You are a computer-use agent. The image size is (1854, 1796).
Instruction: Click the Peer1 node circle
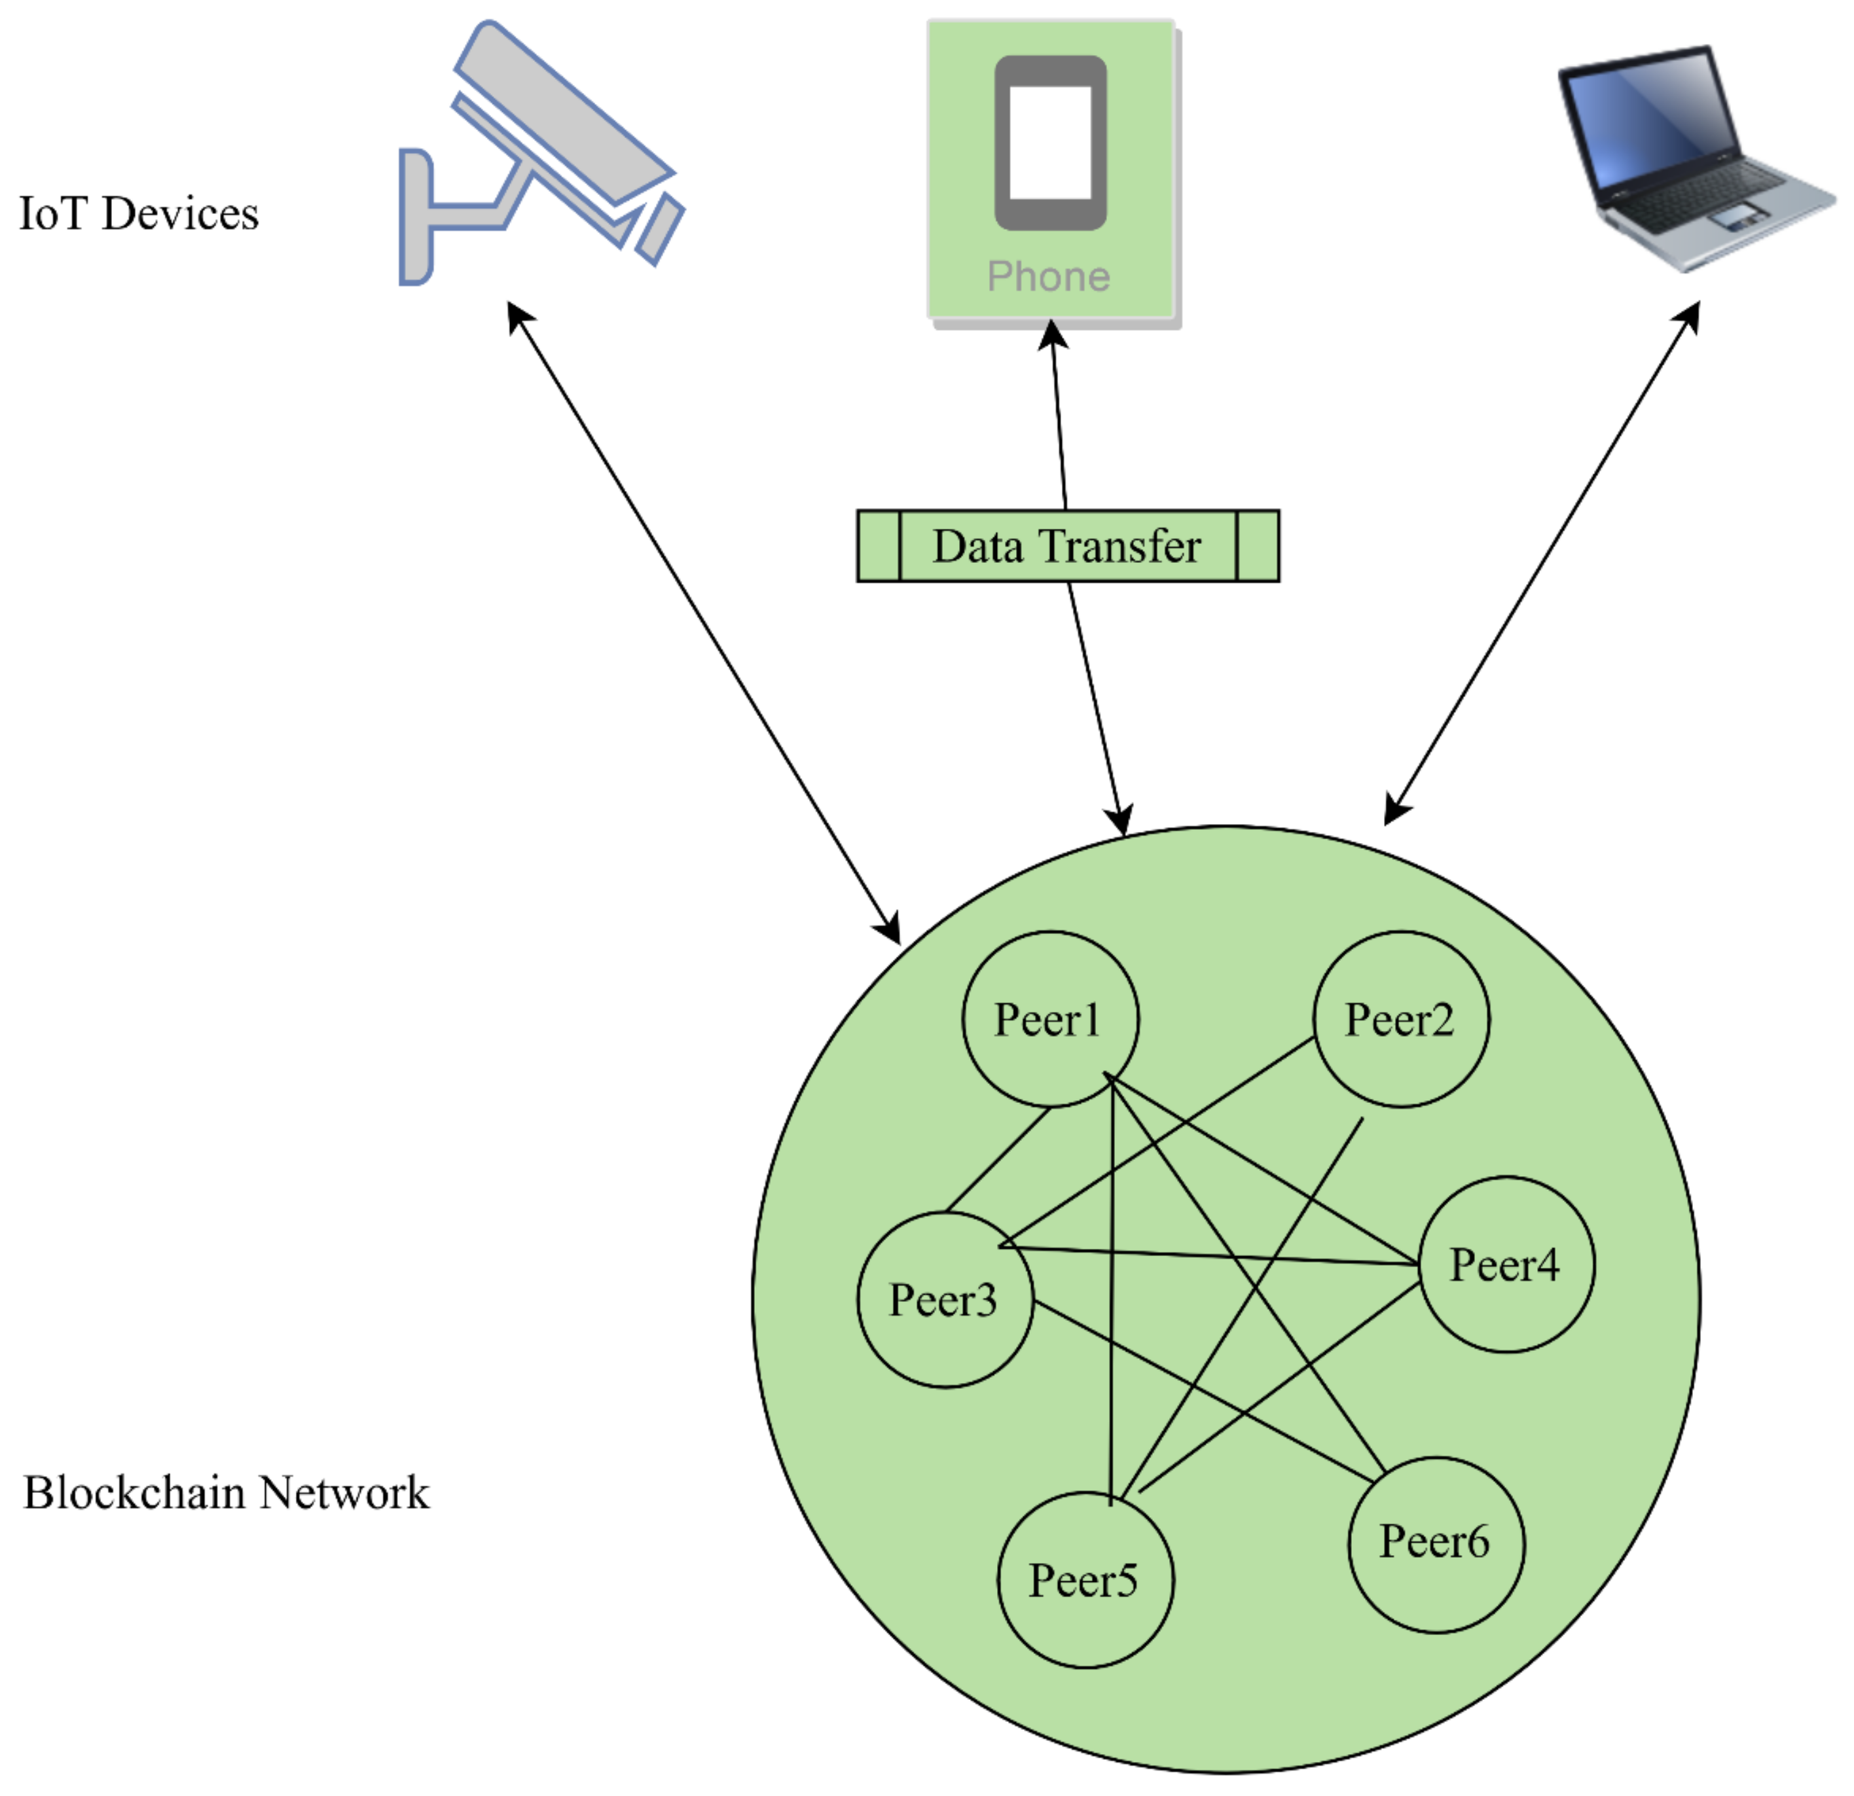point(1050,1020)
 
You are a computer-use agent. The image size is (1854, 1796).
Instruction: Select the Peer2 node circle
point(1401,1020)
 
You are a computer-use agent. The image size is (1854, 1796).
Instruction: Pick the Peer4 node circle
point(1506,1265)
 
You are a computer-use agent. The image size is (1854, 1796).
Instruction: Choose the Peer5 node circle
point(1085,1581)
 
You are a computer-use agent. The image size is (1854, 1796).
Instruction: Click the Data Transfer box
point(1067,546)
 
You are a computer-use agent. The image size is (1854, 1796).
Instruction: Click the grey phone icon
point(1050,142)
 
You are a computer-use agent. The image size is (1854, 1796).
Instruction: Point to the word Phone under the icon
point(1048,277)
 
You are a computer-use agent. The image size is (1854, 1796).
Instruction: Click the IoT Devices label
point(138,214)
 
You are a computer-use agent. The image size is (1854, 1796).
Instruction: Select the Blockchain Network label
point(226,1492)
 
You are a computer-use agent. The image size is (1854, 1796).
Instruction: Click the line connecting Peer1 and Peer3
point(998,1160)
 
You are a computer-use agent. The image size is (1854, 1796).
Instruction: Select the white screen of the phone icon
point(1050,142)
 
